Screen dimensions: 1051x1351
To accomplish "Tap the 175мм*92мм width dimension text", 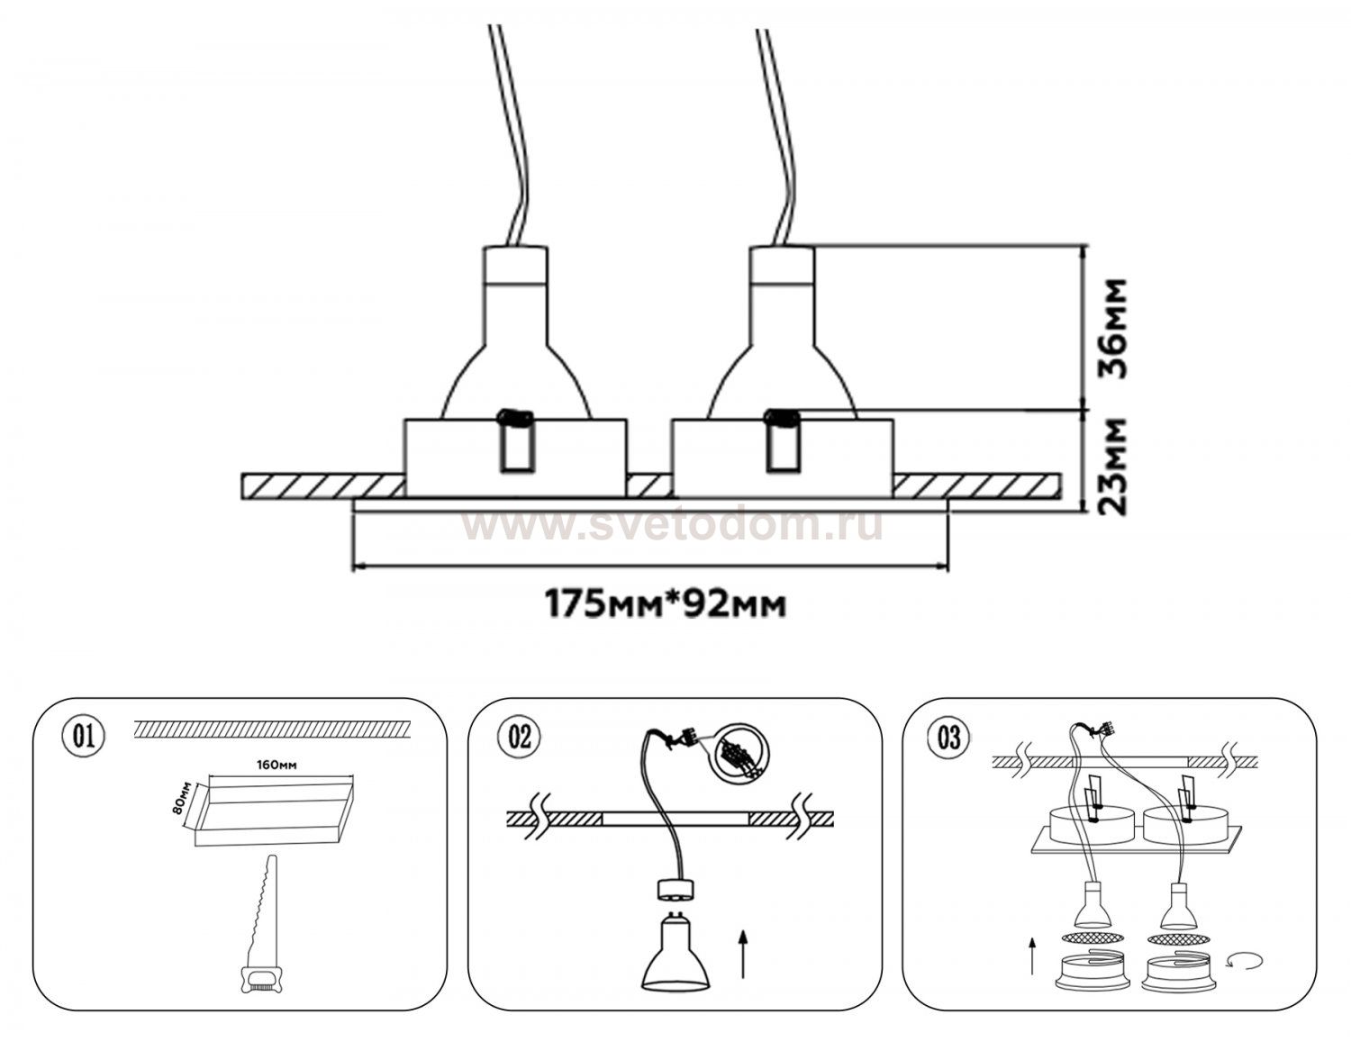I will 665,603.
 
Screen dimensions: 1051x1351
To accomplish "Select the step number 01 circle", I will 83,736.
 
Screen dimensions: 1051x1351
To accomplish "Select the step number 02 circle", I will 520,736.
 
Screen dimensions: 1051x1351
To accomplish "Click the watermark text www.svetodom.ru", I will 671,525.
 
